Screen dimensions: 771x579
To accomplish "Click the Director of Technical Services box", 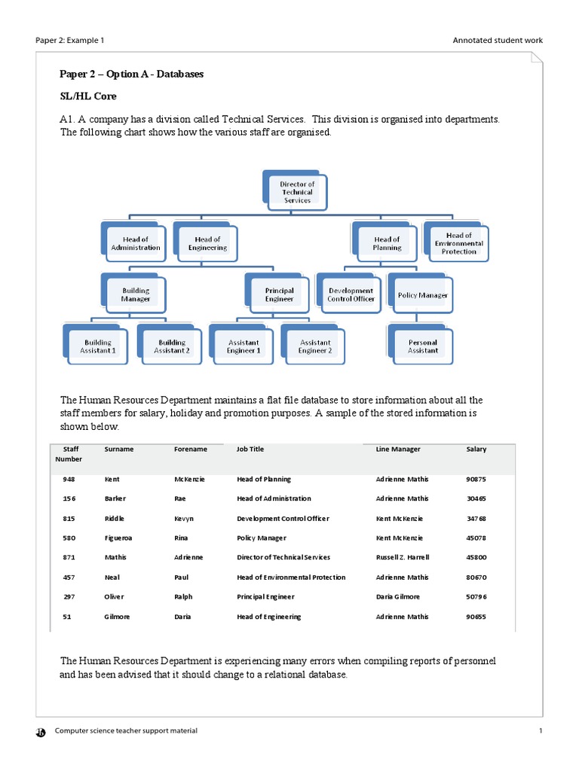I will pos(297,192).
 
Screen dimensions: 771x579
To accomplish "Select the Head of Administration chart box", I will pos(136,243).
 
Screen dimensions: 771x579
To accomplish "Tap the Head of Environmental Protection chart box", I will pos(458,243).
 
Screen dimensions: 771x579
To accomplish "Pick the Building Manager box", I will pos(136,294).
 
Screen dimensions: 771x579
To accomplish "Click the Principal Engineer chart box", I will pos(279,294).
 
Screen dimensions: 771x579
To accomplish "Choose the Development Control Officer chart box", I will pos(351,294).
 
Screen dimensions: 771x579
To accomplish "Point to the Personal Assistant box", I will pos(422,346).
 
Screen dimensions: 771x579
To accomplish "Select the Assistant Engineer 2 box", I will pos(314,346).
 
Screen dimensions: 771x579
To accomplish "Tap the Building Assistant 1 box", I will pos(100,346).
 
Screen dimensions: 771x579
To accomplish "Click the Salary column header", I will pos(476,449).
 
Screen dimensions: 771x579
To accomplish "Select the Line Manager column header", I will pos(398,449).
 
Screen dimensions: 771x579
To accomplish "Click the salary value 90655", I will pos(476,617).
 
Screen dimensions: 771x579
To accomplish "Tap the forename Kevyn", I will pos(184,518).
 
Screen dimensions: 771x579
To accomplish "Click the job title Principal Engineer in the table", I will pos(265,596).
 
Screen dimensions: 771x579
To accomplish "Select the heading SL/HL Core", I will pos(88,96).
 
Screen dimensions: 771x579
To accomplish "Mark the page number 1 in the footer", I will pos(541,731).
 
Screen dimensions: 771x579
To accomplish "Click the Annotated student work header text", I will pos(497,40).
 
